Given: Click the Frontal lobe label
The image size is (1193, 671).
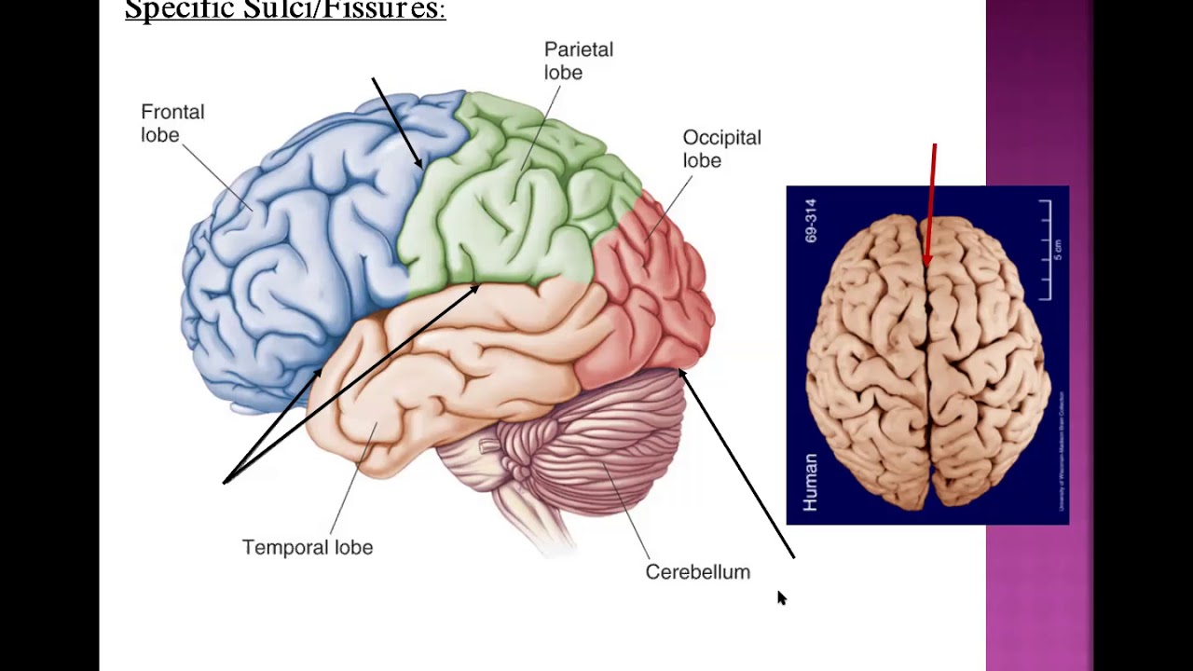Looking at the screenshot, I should coord(172,123).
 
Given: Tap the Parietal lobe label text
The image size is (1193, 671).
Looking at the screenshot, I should coord(578,61).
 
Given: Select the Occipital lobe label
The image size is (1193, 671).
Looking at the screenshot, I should coord(721,148).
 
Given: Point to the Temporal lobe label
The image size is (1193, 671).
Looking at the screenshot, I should coord(308,547).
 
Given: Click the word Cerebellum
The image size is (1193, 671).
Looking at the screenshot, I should coord(697,571).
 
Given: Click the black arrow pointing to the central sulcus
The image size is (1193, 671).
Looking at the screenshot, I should coord(397,123).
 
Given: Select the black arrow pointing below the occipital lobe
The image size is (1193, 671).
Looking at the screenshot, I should coord(736,463).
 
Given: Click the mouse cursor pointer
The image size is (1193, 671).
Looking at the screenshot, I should coord(781,597).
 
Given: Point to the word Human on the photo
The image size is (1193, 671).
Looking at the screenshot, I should coord(810,482).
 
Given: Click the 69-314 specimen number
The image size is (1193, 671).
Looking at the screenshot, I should coord(810,221).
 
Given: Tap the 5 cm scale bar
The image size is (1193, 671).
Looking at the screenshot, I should coord(1048,250).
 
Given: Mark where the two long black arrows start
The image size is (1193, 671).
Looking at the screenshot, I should coord(225,482).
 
